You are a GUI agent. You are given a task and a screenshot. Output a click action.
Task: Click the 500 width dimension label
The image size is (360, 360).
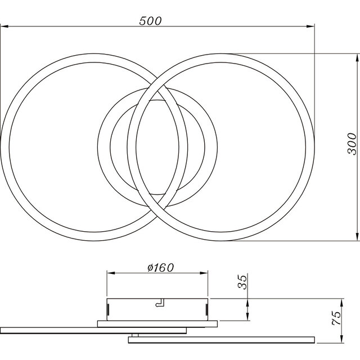tap(151, 20)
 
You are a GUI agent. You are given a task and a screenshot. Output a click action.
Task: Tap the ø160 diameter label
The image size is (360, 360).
tap(158, 267)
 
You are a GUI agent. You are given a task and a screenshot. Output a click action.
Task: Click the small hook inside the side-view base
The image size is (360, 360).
tap(160, 304)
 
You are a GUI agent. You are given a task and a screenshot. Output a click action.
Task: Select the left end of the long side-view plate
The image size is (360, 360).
tap(2, 328)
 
